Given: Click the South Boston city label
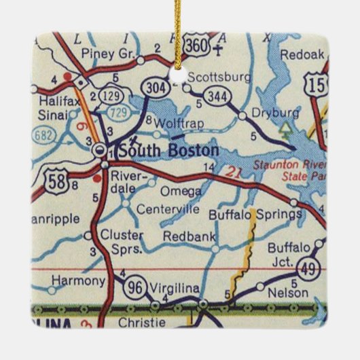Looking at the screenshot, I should (x=168, y=150).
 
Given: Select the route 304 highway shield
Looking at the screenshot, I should (x=154, y=86).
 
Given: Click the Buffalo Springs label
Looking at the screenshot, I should (x=255, y=215).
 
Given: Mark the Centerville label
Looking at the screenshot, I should (x=166, y=209).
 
